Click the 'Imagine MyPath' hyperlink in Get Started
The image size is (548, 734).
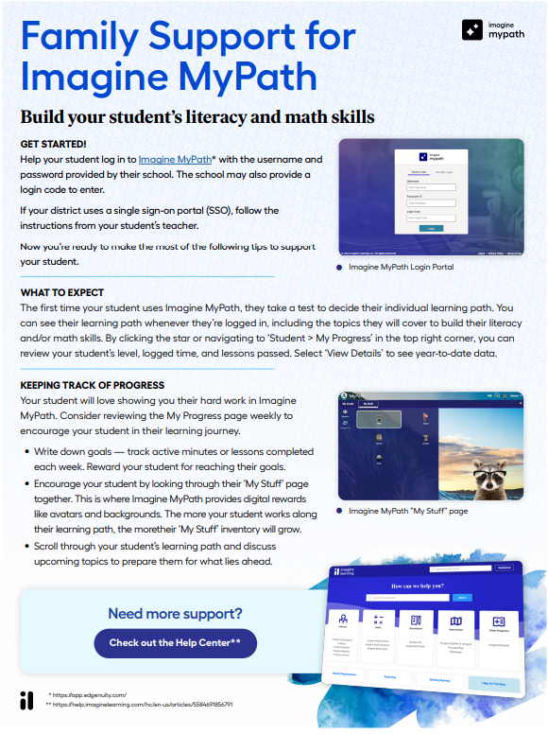174,160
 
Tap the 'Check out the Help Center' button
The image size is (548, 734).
175,642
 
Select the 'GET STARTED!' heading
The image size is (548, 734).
53,144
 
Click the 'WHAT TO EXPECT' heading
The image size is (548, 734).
61,292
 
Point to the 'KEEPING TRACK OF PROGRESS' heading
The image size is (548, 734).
91,386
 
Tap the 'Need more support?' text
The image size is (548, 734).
175,613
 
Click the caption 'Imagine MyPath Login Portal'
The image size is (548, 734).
401,268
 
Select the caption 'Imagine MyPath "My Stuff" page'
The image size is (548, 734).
408,511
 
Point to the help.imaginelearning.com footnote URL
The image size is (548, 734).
142,705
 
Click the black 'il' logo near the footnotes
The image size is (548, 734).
26,700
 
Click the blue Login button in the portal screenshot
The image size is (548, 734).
431,228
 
